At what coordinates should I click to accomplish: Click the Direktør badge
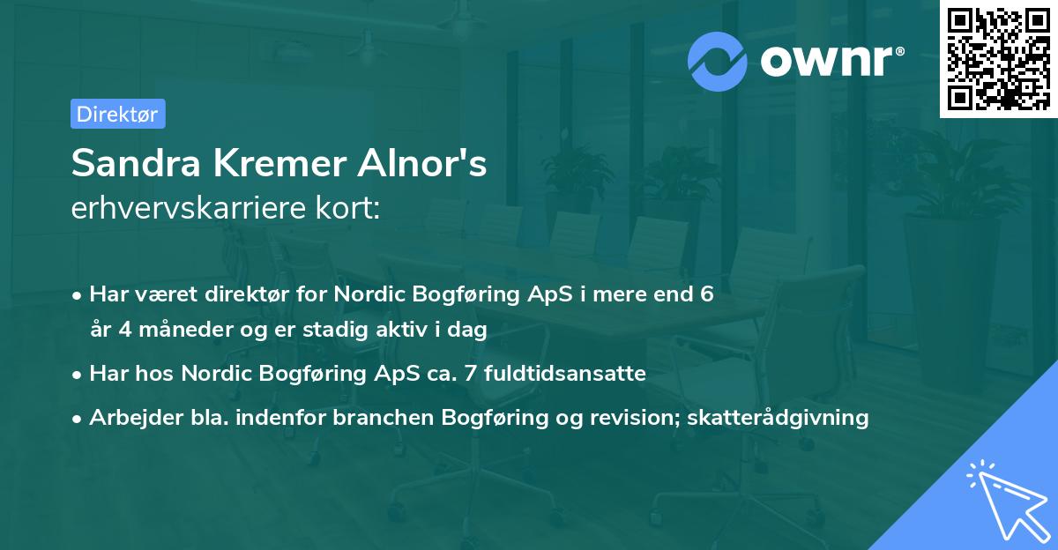117,114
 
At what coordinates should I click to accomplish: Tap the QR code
999,58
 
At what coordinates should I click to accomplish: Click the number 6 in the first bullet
706,294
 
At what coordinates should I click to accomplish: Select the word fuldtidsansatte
577,374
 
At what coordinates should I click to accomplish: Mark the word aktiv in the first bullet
416,330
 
